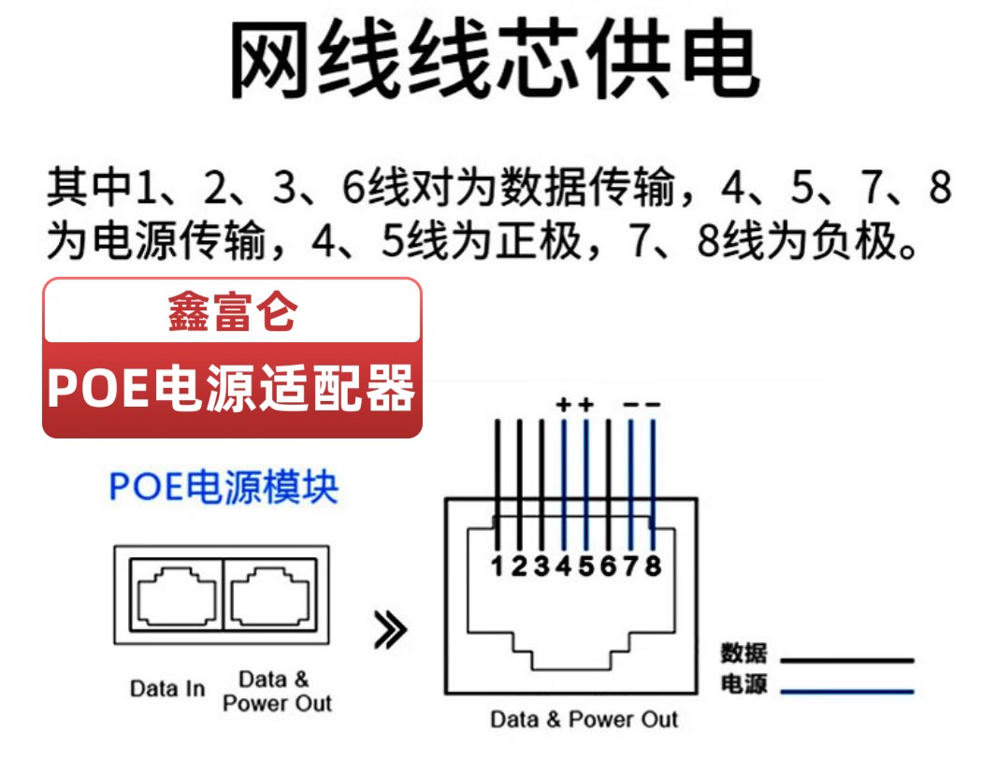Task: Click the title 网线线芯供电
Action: point(495,58)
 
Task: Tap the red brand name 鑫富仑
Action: point(232,312)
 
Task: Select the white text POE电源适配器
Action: point(232,387)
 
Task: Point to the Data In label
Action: point(167,688)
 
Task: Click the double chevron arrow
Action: point(390,630)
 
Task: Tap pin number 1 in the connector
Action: point(497,566)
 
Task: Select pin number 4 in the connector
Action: point(564,566)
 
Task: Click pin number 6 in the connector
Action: point(608,566)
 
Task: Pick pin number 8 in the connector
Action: point(653,566)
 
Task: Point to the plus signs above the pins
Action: point(575,404)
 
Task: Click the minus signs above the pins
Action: point(642,404)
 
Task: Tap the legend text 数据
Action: point(743,653)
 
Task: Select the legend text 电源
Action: point(743,683)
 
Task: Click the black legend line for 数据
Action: point(847,660)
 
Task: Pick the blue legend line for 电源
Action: point(847,691)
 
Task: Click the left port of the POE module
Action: point(177,595)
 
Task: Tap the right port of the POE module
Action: point(270,595)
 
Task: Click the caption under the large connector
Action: point(584,719)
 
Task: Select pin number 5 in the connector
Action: point(585,566)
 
